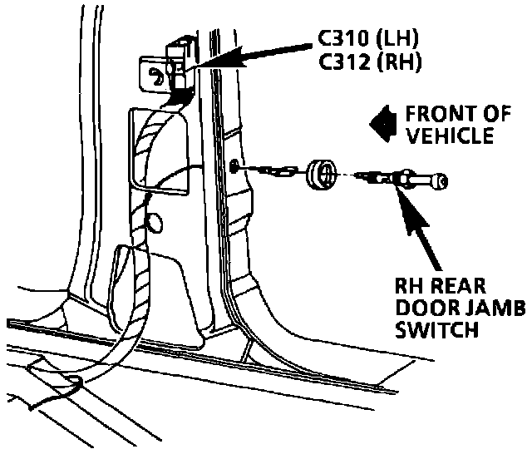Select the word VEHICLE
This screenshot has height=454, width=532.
[448, 136]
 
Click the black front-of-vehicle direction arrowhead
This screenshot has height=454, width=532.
[382, 124]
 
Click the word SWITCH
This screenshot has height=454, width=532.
[435, 330]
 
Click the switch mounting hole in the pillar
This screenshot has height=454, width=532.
[237, 167]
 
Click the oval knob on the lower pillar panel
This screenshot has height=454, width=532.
[155, 222]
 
